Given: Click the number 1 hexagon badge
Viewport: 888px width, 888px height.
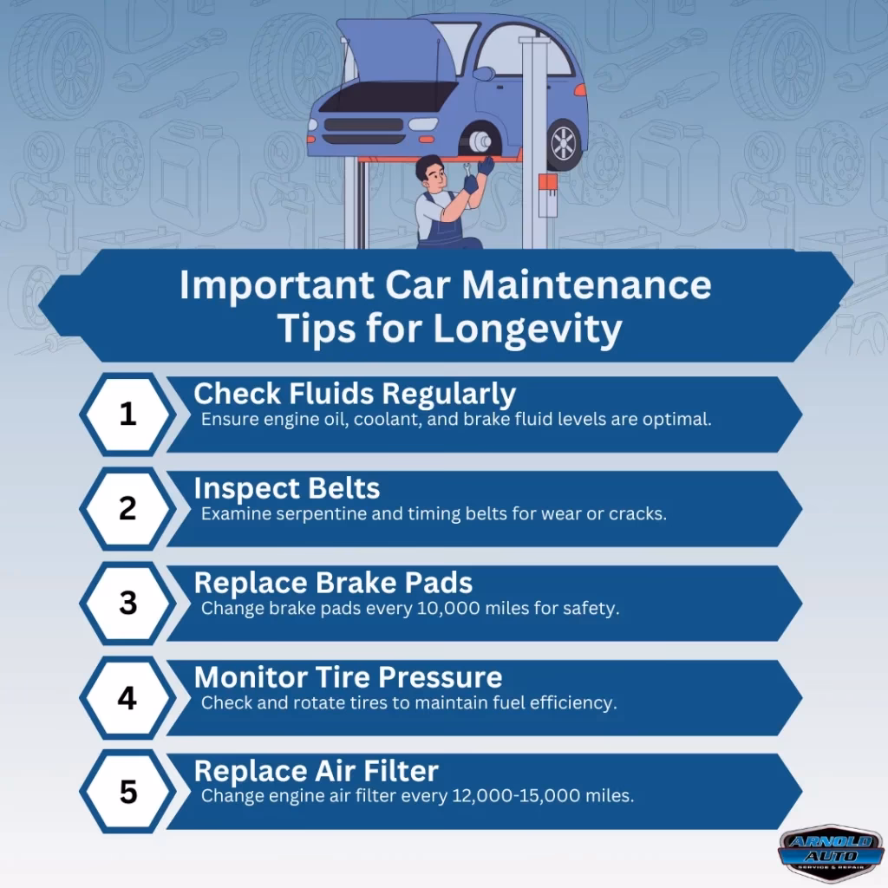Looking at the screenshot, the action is (x=127, y=414).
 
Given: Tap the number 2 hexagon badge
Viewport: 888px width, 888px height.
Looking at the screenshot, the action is (x=127, y=508).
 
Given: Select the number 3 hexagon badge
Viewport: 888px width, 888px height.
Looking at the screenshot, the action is (x=127, y=604).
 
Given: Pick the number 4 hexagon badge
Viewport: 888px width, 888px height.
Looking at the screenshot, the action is (x=127, y=698).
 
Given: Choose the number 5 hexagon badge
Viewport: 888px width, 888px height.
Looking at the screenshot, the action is (x=127, y=791).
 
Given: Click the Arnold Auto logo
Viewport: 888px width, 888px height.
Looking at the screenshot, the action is (x=832, y=853).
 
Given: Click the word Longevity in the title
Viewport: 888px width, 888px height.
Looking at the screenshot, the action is (x=528, y=329).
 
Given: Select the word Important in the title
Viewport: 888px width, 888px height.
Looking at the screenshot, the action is (x=277, y=285).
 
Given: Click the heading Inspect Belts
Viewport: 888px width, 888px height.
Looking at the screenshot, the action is (x=286, y=488).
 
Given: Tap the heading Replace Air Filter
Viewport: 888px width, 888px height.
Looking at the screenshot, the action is (x=316, y=771).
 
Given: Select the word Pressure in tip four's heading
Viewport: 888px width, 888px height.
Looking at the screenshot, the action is (x=440, y=677).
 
